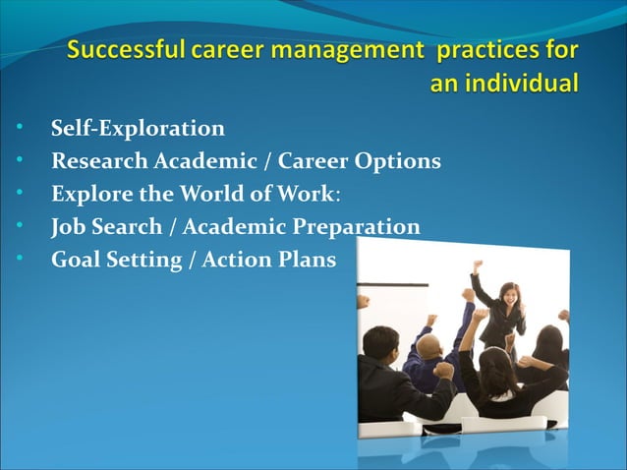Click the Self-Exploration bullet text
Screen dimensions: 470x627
[138, 129]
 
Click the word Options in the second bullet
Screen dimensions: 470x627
[401, 161]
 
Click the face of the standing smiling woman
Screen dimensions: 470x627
[509, 293]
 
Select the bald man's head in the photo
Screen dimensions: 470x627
[428, 347]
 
